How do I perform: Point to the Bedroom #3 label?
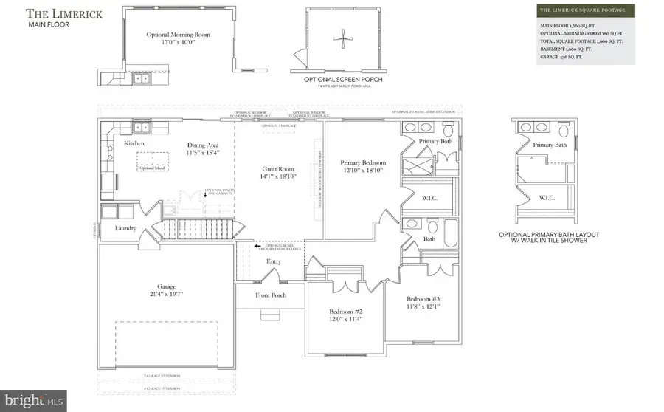coord(423,300)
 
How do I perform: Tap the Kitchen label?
coord(134,143)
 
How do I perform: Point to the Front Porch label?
coord(270,295)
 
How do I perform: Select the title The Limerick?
coord(56,13)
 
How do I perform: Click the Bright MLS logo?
coord(33,400)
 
